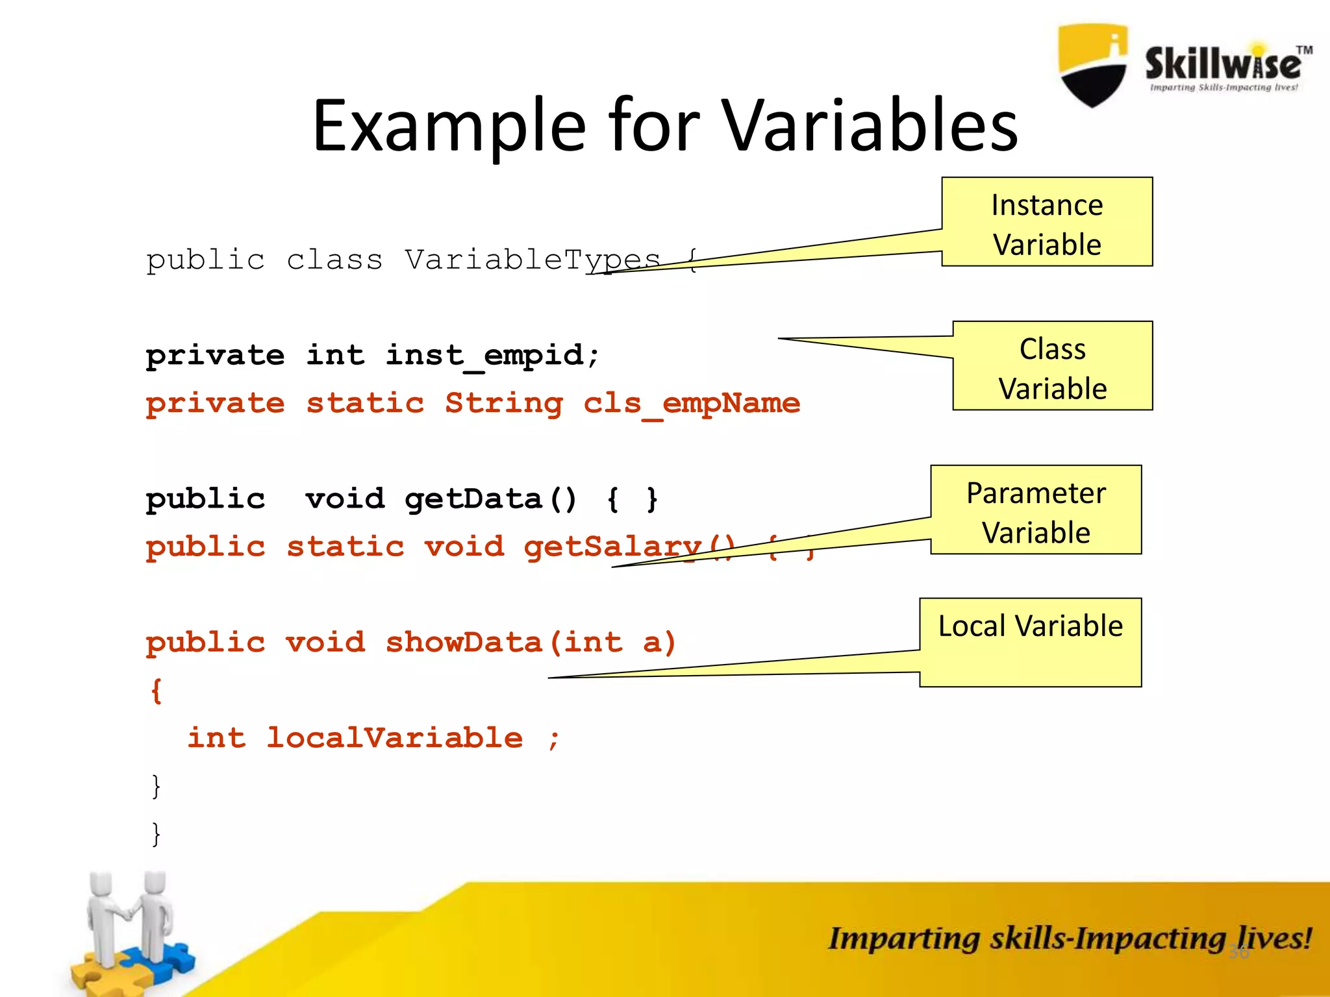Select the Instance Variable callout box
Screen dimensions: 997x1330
point(1047,222)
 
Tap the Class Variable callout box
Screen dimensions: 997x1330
point(1052,366)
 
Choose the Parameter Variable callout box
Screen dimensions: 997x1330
point(1036,510)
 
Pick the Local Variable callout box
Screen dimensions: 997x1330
point(1031,642)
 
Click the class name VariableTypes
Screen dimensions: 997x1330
point(533,260)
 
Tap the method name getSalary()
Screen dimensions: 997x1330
point(629,547)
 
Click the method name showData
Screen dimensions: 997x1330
point(464,643)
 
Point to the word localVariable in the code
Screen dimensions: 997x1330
point(395,738)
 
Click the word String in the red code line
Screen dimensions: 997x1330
point(504,404)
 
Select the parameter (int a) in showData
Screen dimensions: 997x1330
point(613,643)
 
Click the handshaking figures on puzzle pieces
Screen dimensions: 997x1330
point(130,928)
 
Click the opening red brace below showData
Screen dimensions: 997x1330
point(157,691)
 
